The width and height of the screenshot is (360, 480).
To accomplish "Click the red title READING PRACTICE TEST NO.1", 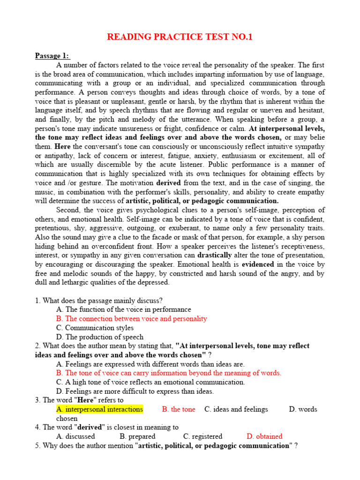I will [x=180, y=37].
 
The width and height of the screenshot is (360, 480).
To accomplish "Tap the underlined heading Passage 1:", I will [x=52, y=56].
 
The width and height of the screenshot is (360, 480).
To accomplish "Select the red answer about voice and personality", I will [x=131, y=319].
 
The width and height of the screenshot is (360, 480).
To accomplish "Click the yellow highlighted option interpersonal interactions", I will [x=99, y=409].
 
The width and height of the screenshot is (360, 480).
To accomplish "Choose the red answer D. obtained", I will [x=264, y=436].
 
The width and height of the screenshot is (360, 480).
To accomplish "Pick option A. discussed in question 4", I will [x=75, y=436].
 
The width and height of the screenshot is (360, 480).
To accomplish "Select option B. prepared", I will [x=137, y=436].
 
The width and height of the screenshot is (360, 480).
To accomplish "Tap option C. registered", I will [x=202, y=436].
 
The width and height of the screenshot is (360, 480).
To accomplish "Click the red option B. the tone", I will [x=179, y=409].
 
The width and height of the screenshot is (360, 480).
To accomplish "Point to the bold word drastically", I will [x=215, y=255].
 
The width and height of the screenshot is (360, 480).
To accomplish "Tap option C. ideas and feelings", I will [x=236, y=409].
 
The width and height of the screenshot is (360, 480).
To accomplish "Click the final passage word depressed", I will [x=152, y=283].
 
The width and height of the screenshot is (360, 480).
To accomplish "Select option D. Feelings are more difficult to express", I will [x=135, y=391].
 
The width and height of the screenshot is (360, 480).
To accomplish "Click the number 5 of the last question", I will [x=37, y=446].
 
